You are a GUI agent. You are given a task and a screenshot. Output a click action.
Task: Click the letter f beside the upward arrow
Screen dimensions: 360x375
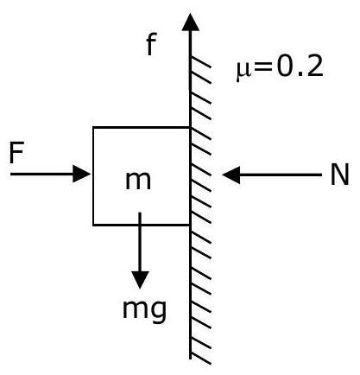pyautogui.click(x=151, y=44)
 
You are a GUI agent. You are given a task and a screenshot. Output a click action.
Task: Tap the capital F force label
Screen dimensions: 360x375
pyautogui.click(x=16, y=152)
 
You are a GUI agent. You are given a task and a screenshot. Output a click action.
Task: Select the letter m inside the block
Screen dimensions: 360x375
pyautogui.click(x=138, y=181)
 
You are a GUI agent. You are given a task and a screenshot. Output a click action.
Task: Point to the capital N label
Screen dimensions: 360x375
pyautogui.click(x=339, y=175)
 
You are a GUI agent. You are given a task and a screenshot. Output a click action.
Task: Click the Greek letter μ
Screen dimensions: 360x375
pyautogui.click(x=243, y=72)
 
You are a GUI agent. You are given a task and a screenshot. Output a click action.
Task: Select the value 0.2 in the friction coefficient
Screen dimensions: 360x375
pyautogui.click(x=300, y=67)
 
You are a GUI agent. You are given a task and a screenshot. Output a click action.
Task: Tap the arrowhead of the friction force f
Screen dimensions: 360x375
pyautogui.click(x=190, y=22)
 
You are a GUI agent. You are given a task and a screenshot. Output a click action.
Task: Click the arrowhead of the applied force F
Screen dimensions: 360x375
pyautogui.click(x=82, y=174)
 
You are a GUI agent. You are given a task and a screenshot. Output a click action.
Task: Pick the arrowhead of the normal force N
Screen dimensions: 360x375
pyautogui.click(x=231, y=175)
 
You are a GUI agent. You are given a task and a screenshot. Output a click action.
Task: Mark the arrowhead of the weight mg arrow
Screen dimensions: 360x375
pyautogui.click(x=140, y=280)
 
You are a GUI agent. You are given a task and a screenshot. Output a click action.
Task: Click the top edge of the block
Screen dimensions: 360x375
pyautogui.click(x=142, y=127)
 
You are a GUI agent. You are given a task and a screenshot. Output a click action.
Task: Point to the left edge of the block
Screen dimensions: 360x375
pyautogui.click(x=93, y=175)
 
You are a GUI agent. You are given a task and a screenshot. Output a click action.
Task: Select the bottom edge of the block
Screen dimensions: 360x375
pyautogui.click(x=142, y=225)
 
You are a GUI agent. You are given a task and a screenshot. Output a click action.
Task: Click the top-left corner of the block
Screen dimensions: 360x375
pyautogui.click(x=93, y=127)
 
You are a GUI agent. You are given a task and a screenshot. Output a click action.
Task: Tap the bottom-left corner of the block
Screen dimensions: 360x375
pyautogui.click(x=93, y=225)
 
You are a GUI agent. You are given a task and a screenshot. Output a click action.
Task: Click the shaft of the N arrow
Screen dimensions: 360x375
pyautogui.click(x=281, y=175)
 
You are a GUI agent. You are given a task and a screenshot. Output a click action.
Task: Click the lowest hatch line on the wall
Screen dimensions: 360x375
pyautogui.click(x=200, y=359)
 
